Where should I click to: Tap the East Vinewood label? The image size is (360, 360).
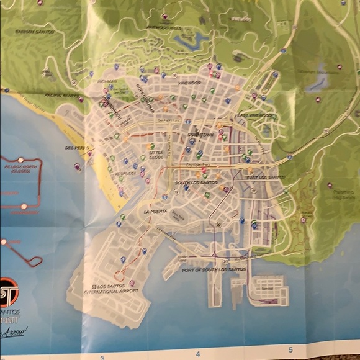pyautogui.click(x=252, y=115)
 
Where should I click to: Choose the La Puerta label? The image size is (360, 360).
pyautogui.click(x=155, y=212)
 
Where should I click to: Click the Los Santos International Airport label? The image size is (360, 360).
pyautogui.click(x=112, y=289)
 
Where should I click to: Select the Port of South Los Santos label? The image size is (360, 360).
pyautogui.click(x=214, y=270)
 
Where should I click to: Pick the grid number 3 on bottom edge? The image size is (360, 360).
pyautogui.click(x=101, y=356)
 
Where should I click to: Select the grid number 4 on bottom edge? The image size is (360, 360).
pyautogui.click(x=197, y=355)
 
